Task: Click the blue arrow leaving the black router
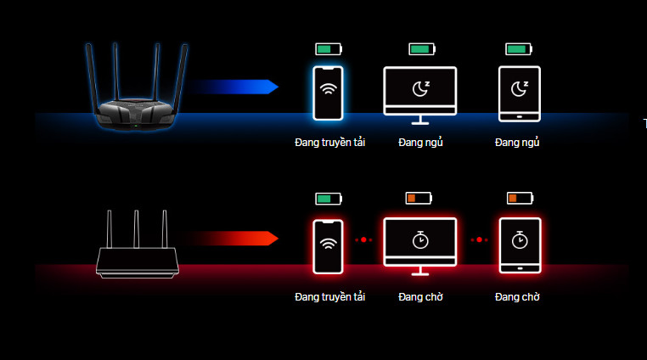click(233, 87)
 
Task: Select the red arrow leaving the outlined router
click(233, 238)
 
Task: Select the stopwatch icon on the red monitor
click(420, 240)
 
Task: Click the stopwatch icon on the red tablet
click(519, 240)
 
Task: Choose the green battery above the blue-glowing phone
click(328, 48)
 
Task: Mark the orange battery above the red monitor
click(419, 199)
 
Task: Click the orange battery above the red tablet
click(519, 199)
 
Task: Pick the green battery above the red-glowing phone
click(328, 199)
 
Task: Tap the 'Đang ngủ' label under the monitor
click(420, 143)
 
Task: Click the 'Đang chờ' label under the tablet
click(517, 297)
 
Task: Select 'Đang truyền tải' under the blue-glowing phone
click(329, 143)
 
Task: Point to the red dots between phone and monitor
click(364, 239)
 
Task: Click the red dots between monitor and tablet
click(478, 239)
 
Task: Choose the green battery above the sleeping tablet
click(519, 48)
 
